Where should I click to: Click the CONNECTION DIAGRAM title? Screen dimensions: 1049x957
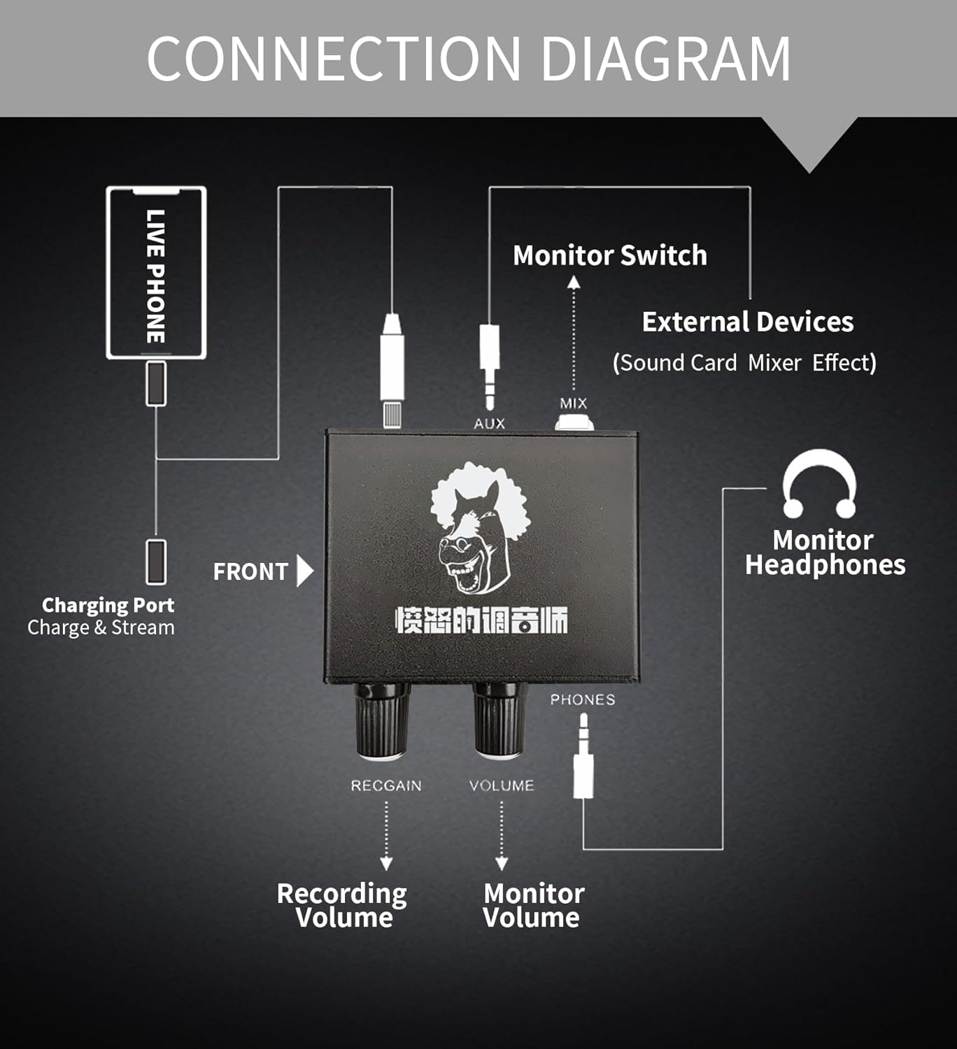tap(469, 59)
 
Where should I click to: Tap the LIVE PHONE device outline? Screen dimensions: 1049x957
tap(156, 273)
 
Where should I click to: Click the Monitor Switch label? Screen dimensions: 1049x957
tap(609, 255)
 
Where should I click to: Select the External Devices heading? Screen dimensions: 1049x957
tap(747, 322)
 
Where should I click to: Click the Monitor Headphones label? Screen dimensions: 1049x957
tap(824, 552)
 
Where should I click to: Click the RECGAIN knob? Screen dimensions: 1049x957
tap(382, 720)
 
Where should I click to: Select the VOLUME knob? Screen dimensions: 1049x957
tap(498, 720)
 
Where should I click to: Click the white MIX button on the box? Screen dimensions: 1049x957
tap(574, 422)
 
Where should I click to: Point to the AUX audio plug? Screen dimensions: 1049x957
tap(489, 364)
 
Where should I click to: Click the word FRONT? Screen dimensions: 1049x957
tap(250, 572)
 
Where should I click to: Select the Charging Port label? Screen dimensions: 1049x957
tap(108, 605)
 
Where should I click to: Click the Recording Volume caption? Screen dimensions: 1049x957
tap(342, 905)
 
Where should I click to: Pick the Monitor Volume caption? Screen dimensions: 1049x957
tap(533, 905)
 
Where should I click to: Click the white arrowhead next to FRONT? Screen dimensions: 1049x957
tap(304, 571)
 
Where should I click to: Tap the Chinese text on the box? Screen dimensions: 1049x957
tap(481, 620)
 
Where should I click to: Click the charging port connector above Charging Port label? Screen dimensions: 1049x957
tap(156, 562)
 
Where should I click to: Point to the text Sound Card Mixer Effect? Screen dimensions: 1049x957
tap(744, 363)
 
